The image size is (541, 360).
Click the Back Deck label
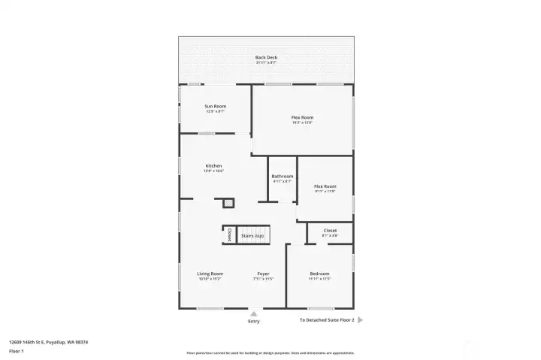(x=266, y=57)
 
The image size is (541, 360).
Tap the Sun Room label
(x=216, y=106)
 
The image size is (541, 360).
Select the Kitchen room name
(x=214, y=166)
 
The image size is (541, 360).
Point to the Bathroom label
(x=283, y=177)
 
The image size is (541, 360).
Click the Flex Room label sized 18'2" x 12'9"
(x=302, y=117)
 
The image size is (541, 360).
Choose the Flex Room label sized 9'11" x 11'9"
(x=325, y=186)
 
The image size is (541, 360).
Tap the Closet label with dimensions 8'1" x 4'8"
(x=330, y=231)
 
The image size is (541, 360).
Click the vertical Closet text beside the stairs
(x=229, y=234)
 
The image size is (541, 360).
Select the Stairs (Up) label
(x=252, y=236)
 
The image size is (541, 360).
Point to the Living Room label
(x=210, y=274)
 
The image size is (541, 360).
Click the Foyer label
(x=263, y=274)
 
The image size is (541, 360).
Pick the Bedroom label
(x=319, y=274)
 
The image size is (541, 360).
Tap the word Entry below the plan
(x=254, y=322)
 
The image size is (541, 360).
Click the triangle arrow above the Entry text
(x=254, y=313)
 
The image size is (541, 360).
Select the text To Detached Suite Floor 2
(x=326, y=319)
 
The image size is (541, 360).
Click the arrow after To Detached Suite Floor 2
(x=360, y=319)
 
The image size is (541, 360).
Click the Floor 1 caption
(x=17, y=351)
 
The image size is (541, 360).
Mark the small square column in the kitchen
(x=228, y=202)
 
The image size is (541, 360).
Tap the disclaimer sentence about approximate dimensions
(x=270, y=352)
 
